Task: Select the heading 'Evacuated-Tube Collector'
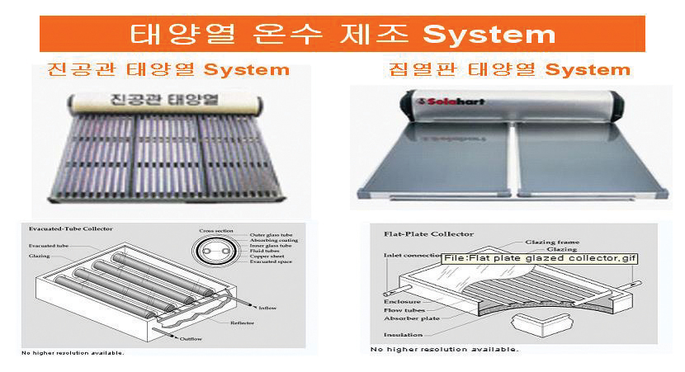[x=71, y=228]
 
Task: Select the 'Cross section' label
[x=215, y=231]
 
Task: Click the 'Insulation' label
[x=404, y=335]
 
